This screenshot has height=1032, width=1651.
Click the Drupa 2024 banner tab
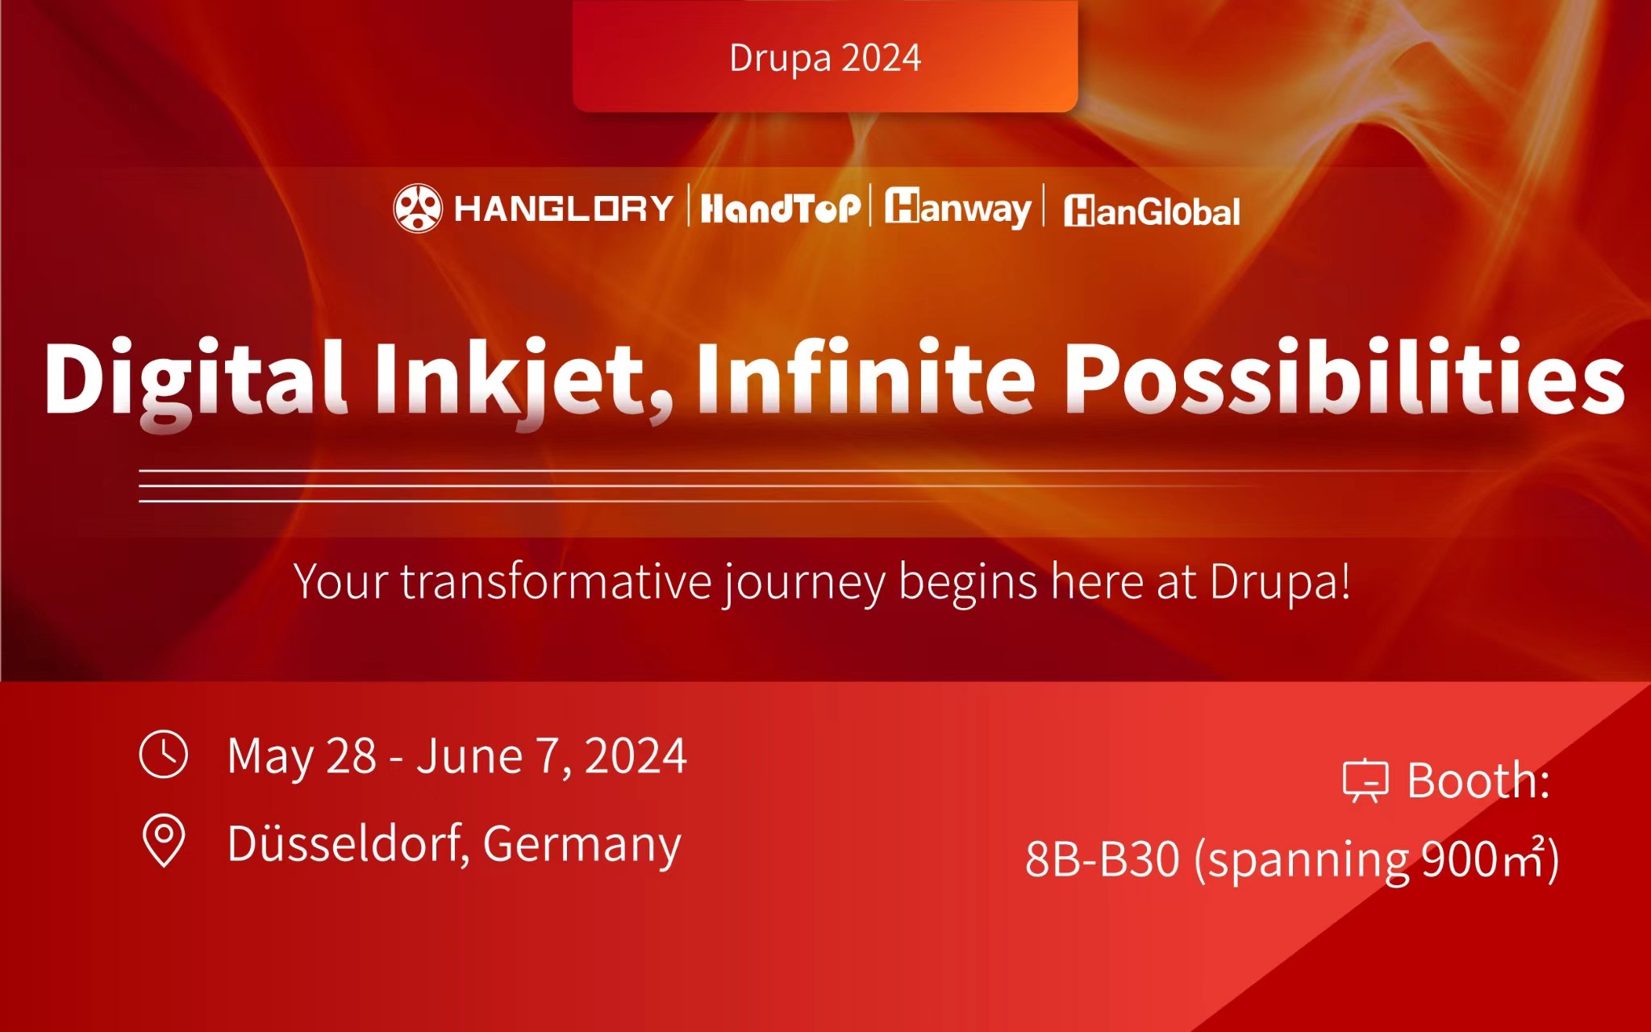tap(824, 56)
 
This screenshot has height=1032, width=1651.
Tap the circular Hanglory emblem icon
tap(417, 208)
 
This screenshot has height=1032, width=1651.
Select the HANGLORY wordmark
tap(564, 209)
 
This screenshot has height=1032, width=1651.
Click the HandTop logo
tap(780, 209)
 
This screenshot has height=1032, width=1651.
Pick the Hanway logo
tap(957, 208)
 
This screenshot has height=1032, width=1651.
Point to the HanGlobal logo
tap(1152, 211)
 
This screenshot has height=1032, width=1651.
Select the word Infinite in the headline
tap(865, 376)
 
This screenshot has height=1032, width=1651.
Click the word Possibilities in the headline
tap(1343, 376)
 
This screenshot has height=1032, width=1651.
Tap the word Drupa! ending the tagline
tap(1280, 581)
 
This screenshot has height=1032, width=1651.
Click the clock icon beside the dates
tap(164, 754)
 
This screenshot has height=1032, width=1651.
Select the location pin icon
tap(164, 841)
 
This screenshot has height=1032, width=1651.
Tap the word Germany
tap(582, 846)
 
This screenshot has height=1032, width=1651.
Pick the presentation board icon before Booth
tap(1365, 780)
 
